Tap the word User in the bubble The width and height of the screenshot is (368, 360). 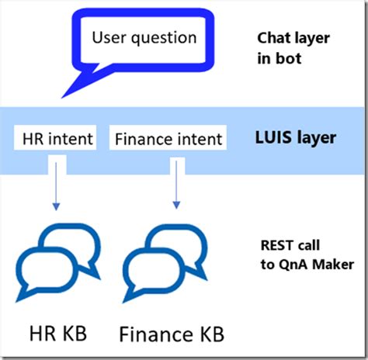tap(109, 36)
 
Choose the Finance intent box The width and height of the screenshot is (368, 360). tap(168, 140)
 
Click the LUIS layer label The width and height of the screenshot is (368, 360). tap(296, 138)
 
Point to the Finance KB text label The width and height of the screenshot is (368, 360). tap(172, 334)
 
